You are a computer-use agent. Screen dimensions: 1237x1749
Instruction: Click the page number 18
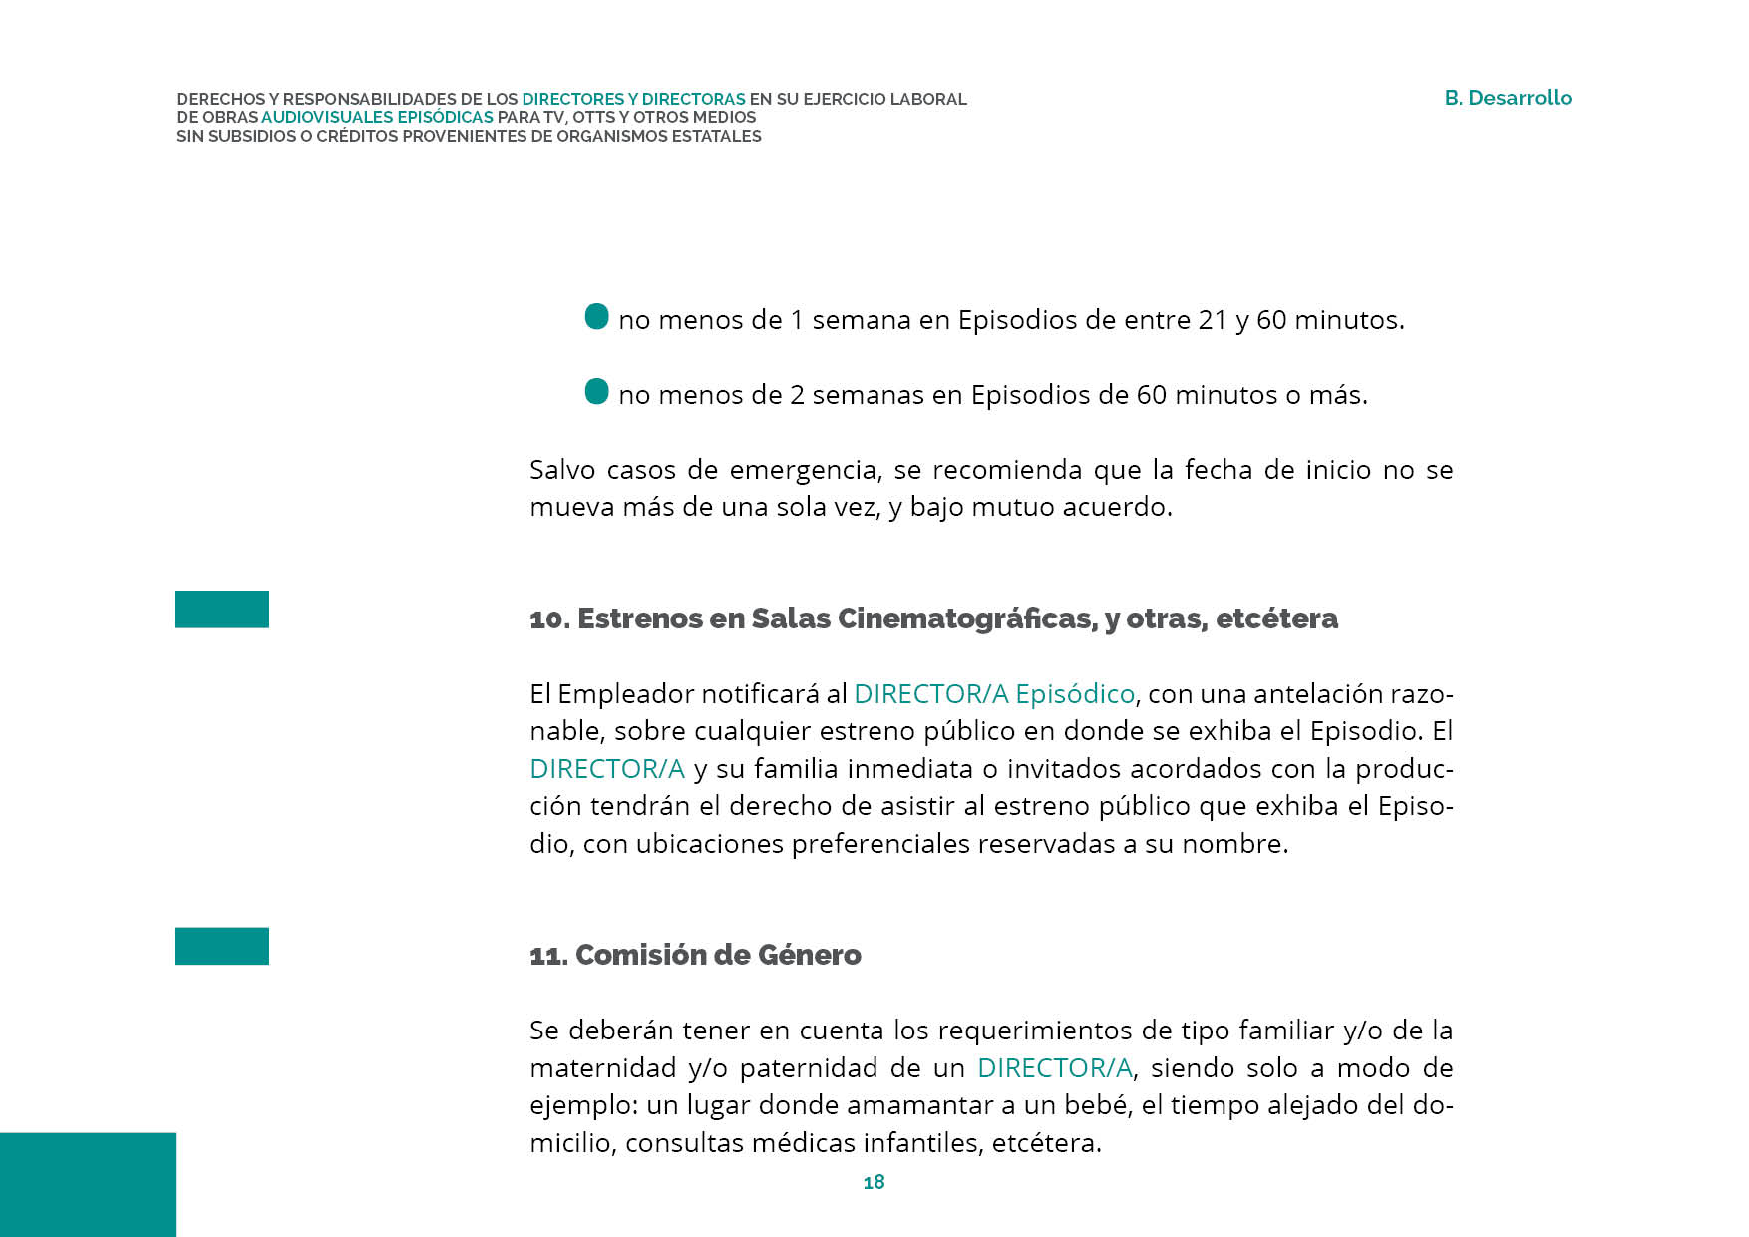pos(874,1182)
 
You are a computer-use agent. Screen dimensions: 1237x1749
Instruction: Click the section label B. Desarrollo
pos(1507,98)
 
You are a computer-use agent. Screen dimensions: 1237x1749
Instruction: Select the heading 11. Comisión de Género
pos(695,955)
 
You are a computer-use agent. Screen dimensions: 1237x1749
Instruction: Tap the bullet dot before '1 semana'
pos(596,317)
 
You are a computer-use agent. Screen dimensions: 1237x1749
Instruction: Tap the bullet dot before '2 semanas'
pos(596,391)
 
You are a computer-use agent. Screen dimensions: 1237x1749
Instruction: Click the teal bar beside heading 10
pos(221,610)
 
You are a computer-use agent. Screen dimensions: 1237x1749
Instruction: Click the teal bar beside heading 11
pos(221,946)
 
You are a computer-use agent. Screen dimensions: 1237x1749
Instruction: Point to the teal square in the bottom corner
pos(88,1184)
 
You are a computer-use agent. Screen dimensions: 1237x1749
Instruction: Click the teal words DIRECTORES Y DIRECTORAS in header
pos(633,99)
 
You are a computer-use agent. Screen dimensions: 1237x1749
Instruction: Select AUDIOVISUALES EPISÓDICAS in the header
pos(377,117)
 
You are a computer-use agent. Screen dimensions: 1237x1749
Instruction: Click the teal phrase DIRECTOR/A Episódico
pos(994,693)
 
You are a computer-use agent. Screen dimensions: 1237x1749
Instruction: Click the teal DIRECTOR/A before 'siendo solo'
pos(1054,1068)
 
